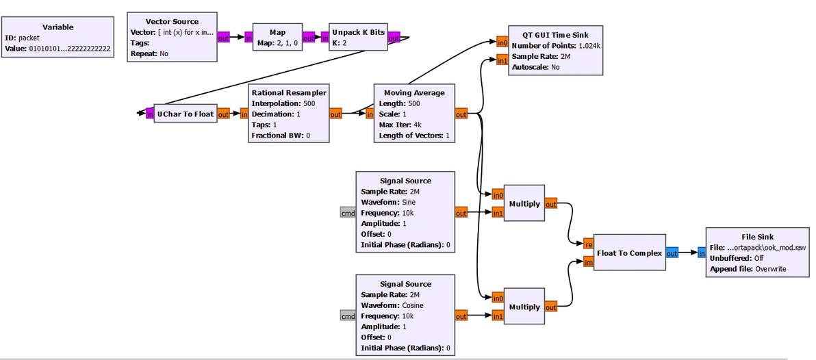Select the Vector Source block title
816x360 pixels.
(172, 22)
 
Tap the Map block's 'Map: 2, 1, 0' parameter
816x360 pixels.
(277, 43)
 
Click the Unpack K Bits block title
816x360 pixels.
(358, 32)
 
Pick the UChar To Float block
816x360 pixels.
(185, 114)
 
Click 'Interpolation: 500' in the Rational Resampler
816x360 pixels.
(283, 103)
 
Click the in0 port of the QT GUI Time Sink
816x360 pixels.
(502, 43)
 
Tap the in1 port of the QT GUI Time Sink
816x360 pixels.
(502, 61)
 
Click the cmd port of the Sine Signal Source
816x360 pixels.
(348, 213)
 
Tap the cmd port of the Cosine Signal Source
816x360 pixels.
(348, 316)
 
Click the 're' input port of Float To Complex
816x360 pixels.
(588, 243)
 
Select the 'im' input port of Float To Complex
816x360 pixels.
(588, 261)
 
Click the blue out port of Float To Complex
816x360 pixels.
(672, 253)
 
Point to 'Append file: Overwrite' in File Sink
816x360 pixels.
(748, 269)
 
